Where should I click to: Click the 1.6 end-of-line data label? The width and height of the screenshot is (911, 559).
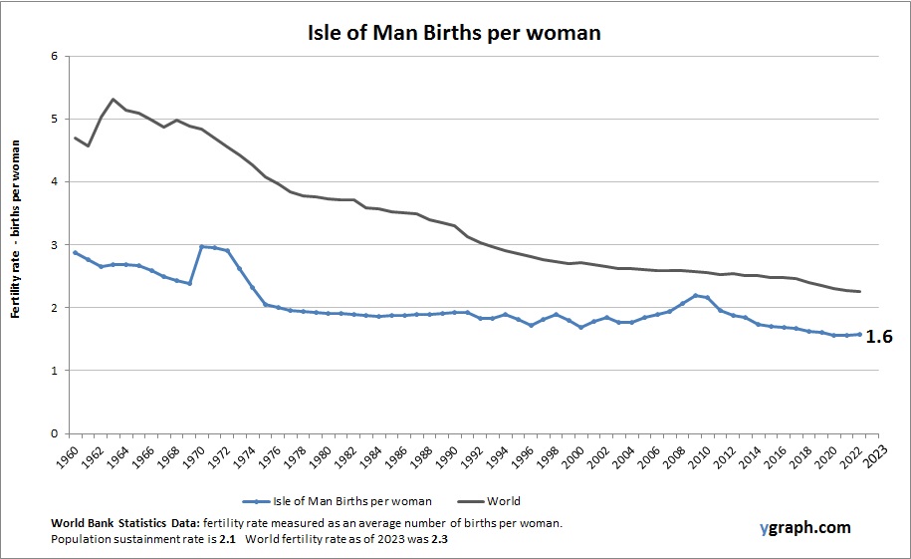click(878, 337)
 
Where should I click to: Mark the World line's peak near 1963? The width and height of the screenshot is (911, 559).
click(114, 99)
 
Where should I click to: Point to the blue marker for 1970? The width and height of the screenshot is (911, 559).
click(201, 246)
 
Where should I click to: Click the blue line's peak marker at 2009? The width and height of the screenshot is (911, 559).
click(695, 295)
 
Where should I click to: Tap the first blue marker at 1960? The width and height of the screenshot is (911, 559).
click(76, 252)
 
